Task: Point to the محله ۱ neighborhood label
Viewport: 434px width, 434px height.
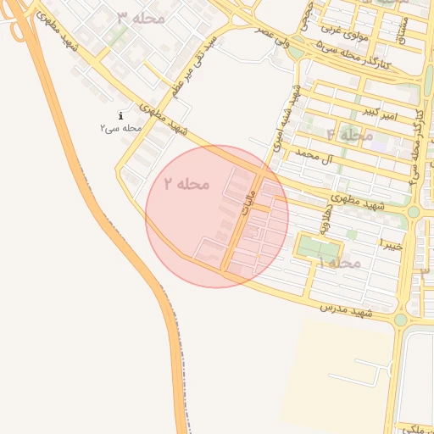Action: [x=340, y=264]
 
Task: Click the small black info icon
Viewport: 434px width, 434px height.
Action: [x=121, y=114]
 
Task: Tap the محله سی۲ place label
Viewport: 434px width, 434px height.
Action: [x=120, y=128]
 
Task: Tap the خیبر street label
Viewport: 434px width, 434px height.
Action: [x=390, y=245]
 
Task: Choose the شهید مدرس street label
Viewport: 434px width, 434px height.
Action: [x=346, y=312]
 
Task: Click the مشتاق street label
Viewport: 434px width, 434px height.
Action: [x=403, y=31]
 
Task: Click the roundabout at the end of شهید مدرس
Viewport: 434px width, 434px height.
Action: [x=400, y=320]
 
